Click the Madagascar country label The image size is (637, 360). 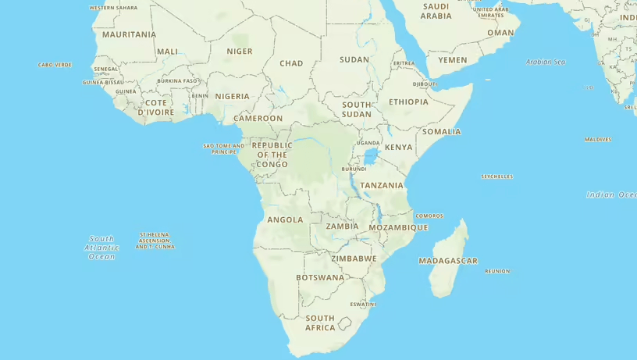click(447, 261)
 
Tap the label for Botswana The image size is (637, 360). click(319, 277)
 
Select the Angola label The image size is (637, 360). click(285, 219)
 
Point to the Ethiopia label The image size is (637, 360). click(408, 102)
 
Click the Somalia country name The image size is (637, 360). click(441, 131)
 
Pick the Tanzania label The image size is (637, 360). click(382, 185)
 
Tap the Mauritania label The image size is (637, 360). click(129, 34)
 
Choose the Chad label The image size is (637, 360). click(291, 63)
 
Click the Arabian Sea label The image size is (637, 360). click(545, 62)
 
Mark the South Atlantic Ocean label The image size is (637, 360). click(101, 248)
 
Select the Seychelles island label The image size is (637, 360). click(496, 176)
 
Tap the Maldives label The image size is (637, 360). click(598, 140)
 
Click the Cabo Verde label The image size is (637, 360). click(55, 65)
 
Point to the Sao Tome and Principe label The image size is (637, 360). click(224, 148)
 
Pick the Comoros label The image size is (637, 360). click(429, 216)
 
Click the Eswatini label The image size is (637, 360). click(362, 304)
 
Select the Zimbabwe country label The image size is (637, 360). click(354, 258)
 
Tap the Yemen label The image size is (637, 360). click(452, 60)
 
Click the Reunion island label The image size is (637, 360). click(496, 271)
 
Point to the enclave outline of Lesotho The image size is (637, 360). click(343, 323)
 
